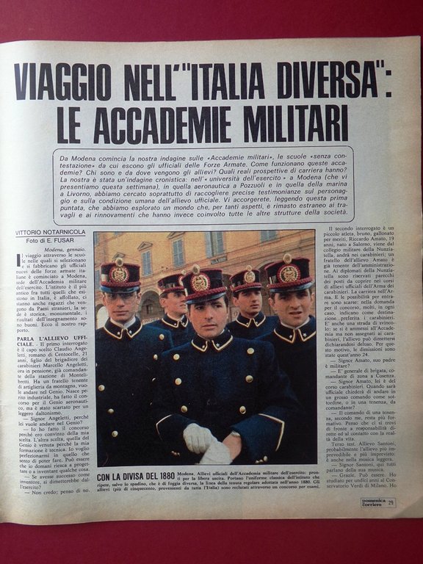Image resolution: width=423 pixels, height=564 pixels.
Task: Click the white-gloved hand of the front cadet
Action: [199, 439]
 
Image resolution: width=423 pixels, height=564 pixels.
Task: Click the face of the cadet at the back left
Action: [173, 303]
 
